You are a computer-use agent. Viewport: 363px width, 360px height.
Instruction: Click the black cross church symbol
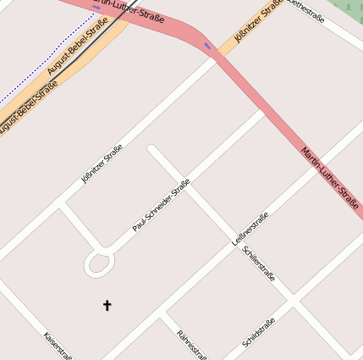107,305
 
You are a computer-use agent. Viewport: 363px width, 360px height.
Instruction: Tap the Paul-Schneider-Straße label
161,206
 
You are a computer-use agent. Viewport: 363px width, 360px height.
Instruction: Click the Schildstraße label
258,333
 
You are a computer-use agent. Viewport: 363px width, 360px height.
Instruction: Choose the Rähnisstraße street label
192,344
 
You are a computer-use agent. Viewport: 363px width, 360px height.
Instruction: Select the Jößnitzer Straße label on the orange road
258,23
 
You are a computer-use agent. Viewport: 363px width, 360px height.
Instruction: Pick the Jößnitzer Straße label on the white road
102,164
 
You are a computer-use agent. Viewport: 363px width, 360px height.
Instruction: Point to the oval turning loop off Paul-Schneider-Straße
99,265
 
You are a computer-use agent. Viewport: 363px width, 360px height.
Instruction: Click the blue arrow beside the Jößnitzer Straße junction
209,46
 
